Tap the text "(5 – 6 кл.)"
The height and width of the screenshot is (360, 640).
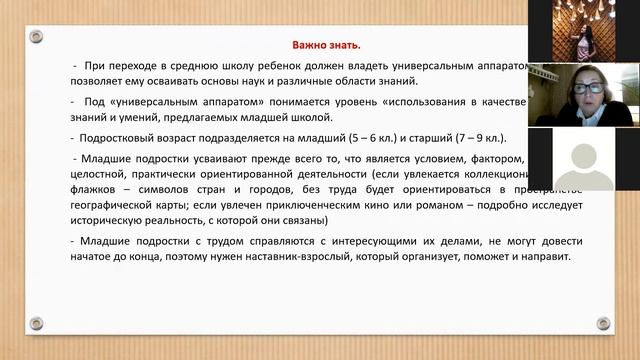390,138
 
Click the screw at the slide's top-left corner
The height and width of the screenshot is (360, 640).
36,36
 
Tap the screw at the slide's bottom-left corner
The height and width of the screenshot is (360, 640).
36,323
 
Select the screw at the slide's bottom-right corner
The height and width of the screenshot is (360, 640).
603,323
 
